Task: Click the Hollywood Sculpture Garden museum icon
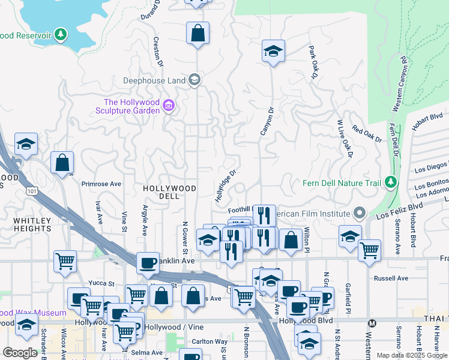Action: point(169,107)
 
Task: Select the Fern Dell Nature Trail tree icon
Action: point(391,181)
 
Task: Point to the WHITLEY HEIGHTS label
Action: point(32,224)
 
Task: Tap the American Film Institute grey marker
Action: point(360,213)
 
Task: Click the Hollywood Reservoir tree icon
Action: point(60,35)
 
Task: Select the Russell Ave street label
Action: point(391,278)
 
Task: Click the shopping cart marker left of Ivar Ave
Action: point(65,260)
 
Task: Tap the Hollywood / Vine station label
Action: point(172,326)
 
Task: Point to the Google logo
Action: point(20,353)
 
